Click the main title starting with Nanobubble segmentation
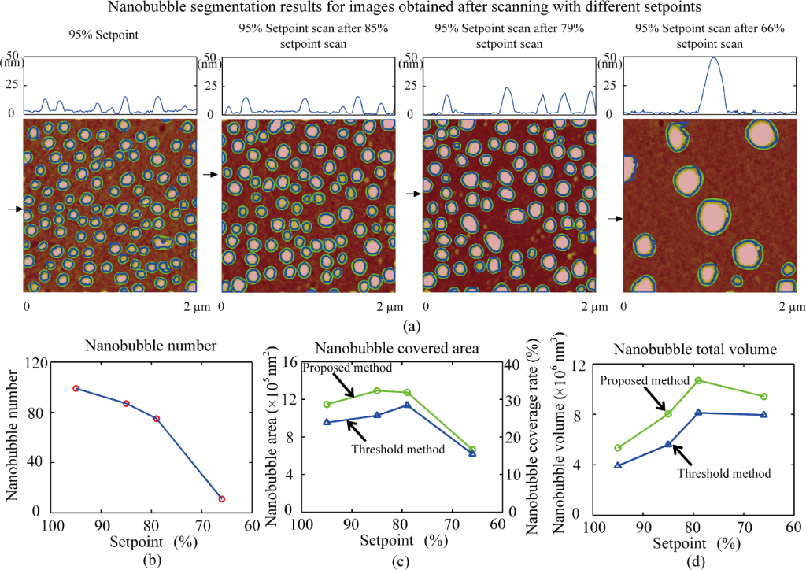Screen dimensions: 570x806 [x=403, y=9]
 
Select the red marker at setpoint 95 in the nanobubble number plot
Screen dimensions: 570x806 [x=76, y=388]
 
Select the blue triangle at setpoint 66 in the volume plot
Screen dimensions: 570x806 [x=763, y=414]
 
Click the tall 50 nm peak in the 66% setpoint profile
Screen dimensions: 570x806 [x=714, y=59]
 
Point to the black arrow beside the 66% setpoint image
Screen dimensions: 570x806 [x=615, y=220]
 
